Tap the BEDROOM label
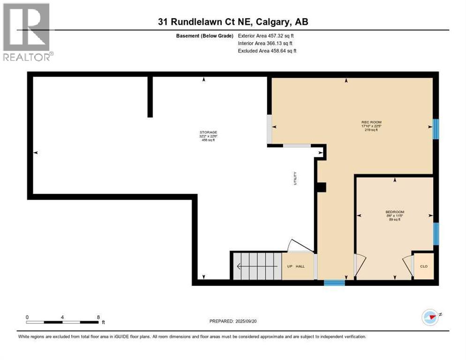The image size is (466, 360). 395,212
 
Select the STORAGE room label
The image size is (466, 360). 208,132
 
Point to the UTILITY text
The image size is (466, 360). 295,178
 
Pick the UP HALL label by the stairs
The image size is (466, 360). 296,266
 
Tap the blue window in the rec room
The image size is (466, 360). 436,129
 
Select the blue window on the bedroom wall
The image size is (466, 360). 436,234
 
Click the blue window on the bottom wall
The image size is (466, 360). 334,283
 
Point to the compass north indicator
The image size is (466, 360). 430,317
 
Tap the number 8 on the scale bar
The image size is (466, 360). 98,317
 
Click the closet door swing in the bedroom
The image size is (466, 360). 407,265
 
